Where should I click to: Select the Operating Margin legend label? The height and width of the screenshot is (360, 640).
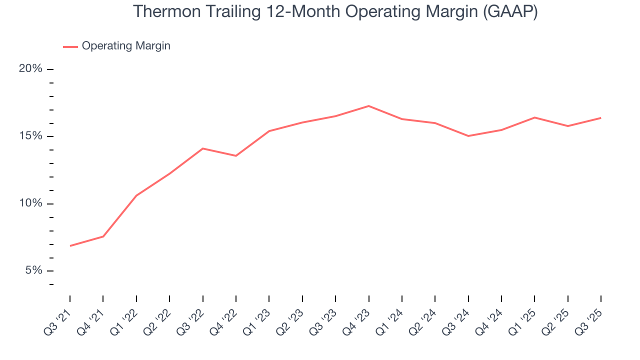(x=126, y=46)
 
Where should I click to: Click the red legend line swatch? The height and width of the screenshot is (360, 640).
(x=70, y=46)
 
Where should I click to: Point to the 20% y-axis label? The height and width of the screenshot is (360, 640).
(x=30, y=69)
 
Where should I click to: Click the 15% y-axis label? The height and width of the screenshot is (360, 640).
(x=30, y=136)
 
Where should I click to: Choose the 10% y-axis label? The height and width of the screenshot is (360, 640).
(x=30, y=203)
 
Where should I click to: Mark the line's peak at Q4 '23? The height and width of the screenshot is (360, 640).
(x=368, y=106)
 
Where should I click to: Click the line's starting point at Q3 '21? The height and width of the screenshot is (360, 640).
(x=70, y=246)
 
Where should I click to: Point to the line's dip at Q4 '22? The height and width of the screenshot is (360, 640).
(x=236, y=156)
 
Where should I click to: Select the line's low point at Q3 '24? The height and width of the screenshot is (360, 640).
(x=468, y=136)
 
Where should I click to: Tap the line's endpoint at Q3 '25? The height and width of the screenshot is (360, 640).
(x=600, y=118)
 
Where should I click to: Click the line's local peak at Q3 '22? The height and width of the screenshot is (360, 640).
(x=203, y=148)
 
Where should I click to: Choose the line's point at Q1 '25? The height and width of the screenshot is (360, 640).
(x=534, y=117)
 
